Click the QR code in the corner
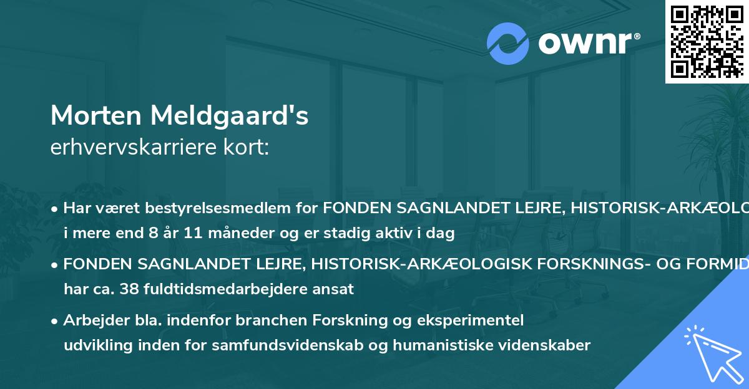[707, 41]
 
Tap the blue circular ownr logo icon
[507, 44]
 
